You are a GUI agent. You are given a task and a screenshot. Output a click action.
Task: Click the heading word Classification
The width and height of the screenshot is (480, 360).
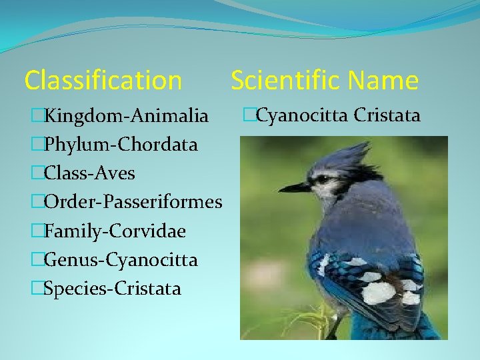103,81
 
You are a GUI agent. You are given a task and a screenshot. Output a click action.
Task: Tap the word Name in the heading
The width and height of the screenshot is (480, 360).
383,81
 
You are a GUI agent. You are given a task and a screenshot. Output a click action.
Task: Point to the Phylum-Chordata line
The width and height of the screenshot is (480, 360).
120,145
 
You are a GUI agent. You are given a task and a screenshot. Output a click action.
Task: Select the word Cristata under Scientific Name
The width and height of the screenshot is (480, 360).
387,115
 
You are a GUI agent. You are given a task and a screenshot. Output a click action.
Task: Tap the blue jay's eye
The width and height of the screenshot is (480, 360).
323,179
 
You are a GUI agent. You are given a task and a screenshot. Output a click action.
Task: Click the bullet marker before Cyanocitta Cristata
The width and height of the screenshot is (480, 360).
249,115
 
